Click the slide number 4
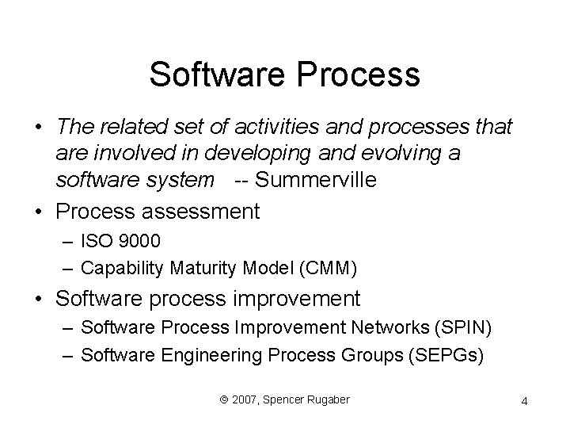pos(524,403)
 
